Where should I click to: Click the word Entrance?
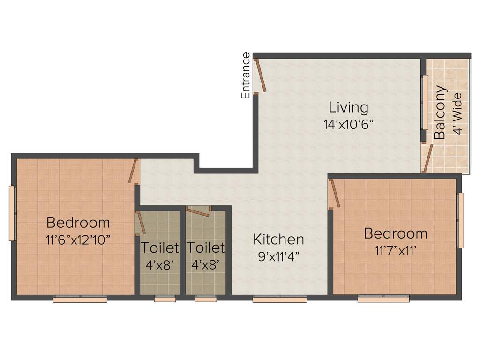pyautogui.click(x=246, y=75)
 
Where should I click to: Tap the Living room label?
pyautogui.click(x=348, y=107)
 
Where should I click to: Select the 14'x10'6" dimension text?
pyautogui.click(x=348, y=125)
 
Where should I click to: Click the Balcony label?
pyautogui.click(x=440, y=113)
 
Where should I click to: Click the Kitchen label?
pyautogui.click(x=278, y=240)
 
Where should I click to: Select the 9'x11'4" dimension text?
pyautogui.click(x=278, y=256)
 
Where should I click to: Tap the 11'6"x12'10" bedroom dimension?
pyautogui.click(x=78, y=240)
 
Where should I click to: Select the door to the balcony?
pyautogui.click(x=427, y=158)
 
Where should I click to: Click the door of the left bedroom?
pyautogui.click(x=134, y=171)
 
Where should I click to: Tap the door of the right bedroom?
pyautogui.click(x=335, y=193)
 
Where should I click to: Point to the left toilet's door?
pyautogui.click(x=141, y=222)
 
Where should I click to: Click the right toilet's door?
pyautogui.click(x=197, y=212)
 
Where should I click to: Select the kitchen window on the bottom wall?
pyautogui.click(x=280, y=299)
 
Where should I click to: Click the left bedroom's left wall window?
pyautogui.click(x=13, y=213)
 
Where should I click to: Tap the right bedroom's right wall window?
pyautogui.click(x=460, y=220)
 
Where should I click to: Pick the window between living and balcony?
pyautogui.click(x=425, y=102)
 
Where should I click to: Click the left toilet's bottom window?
pyautogui.click(x=165, y=299)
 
